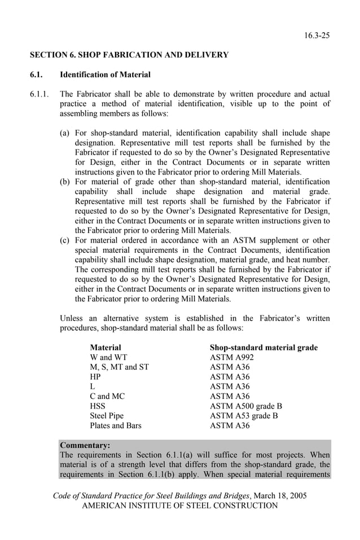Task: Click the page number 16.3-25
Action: [317, 36]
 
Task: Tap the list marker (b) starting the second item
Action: [65, 182]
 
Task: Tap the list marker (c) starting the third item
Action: [65, 240]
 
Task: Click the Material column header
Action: [106, 348]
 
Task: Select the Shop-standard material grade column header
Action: [264, 348]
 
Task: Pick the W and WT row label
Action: [108, 357]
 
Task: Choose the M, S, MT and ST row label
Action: [119, 367]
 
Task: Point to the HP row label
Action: [96, 377]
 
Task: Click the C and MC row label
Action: [107, 396]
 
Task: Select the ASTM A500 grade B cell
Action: [245, 406]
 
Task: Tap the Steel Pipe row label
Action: [107, 416]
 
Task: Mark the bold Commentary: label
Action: [85, 445]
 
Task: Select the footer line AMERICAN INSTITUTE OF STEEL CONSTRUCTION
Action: [180, 506]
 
